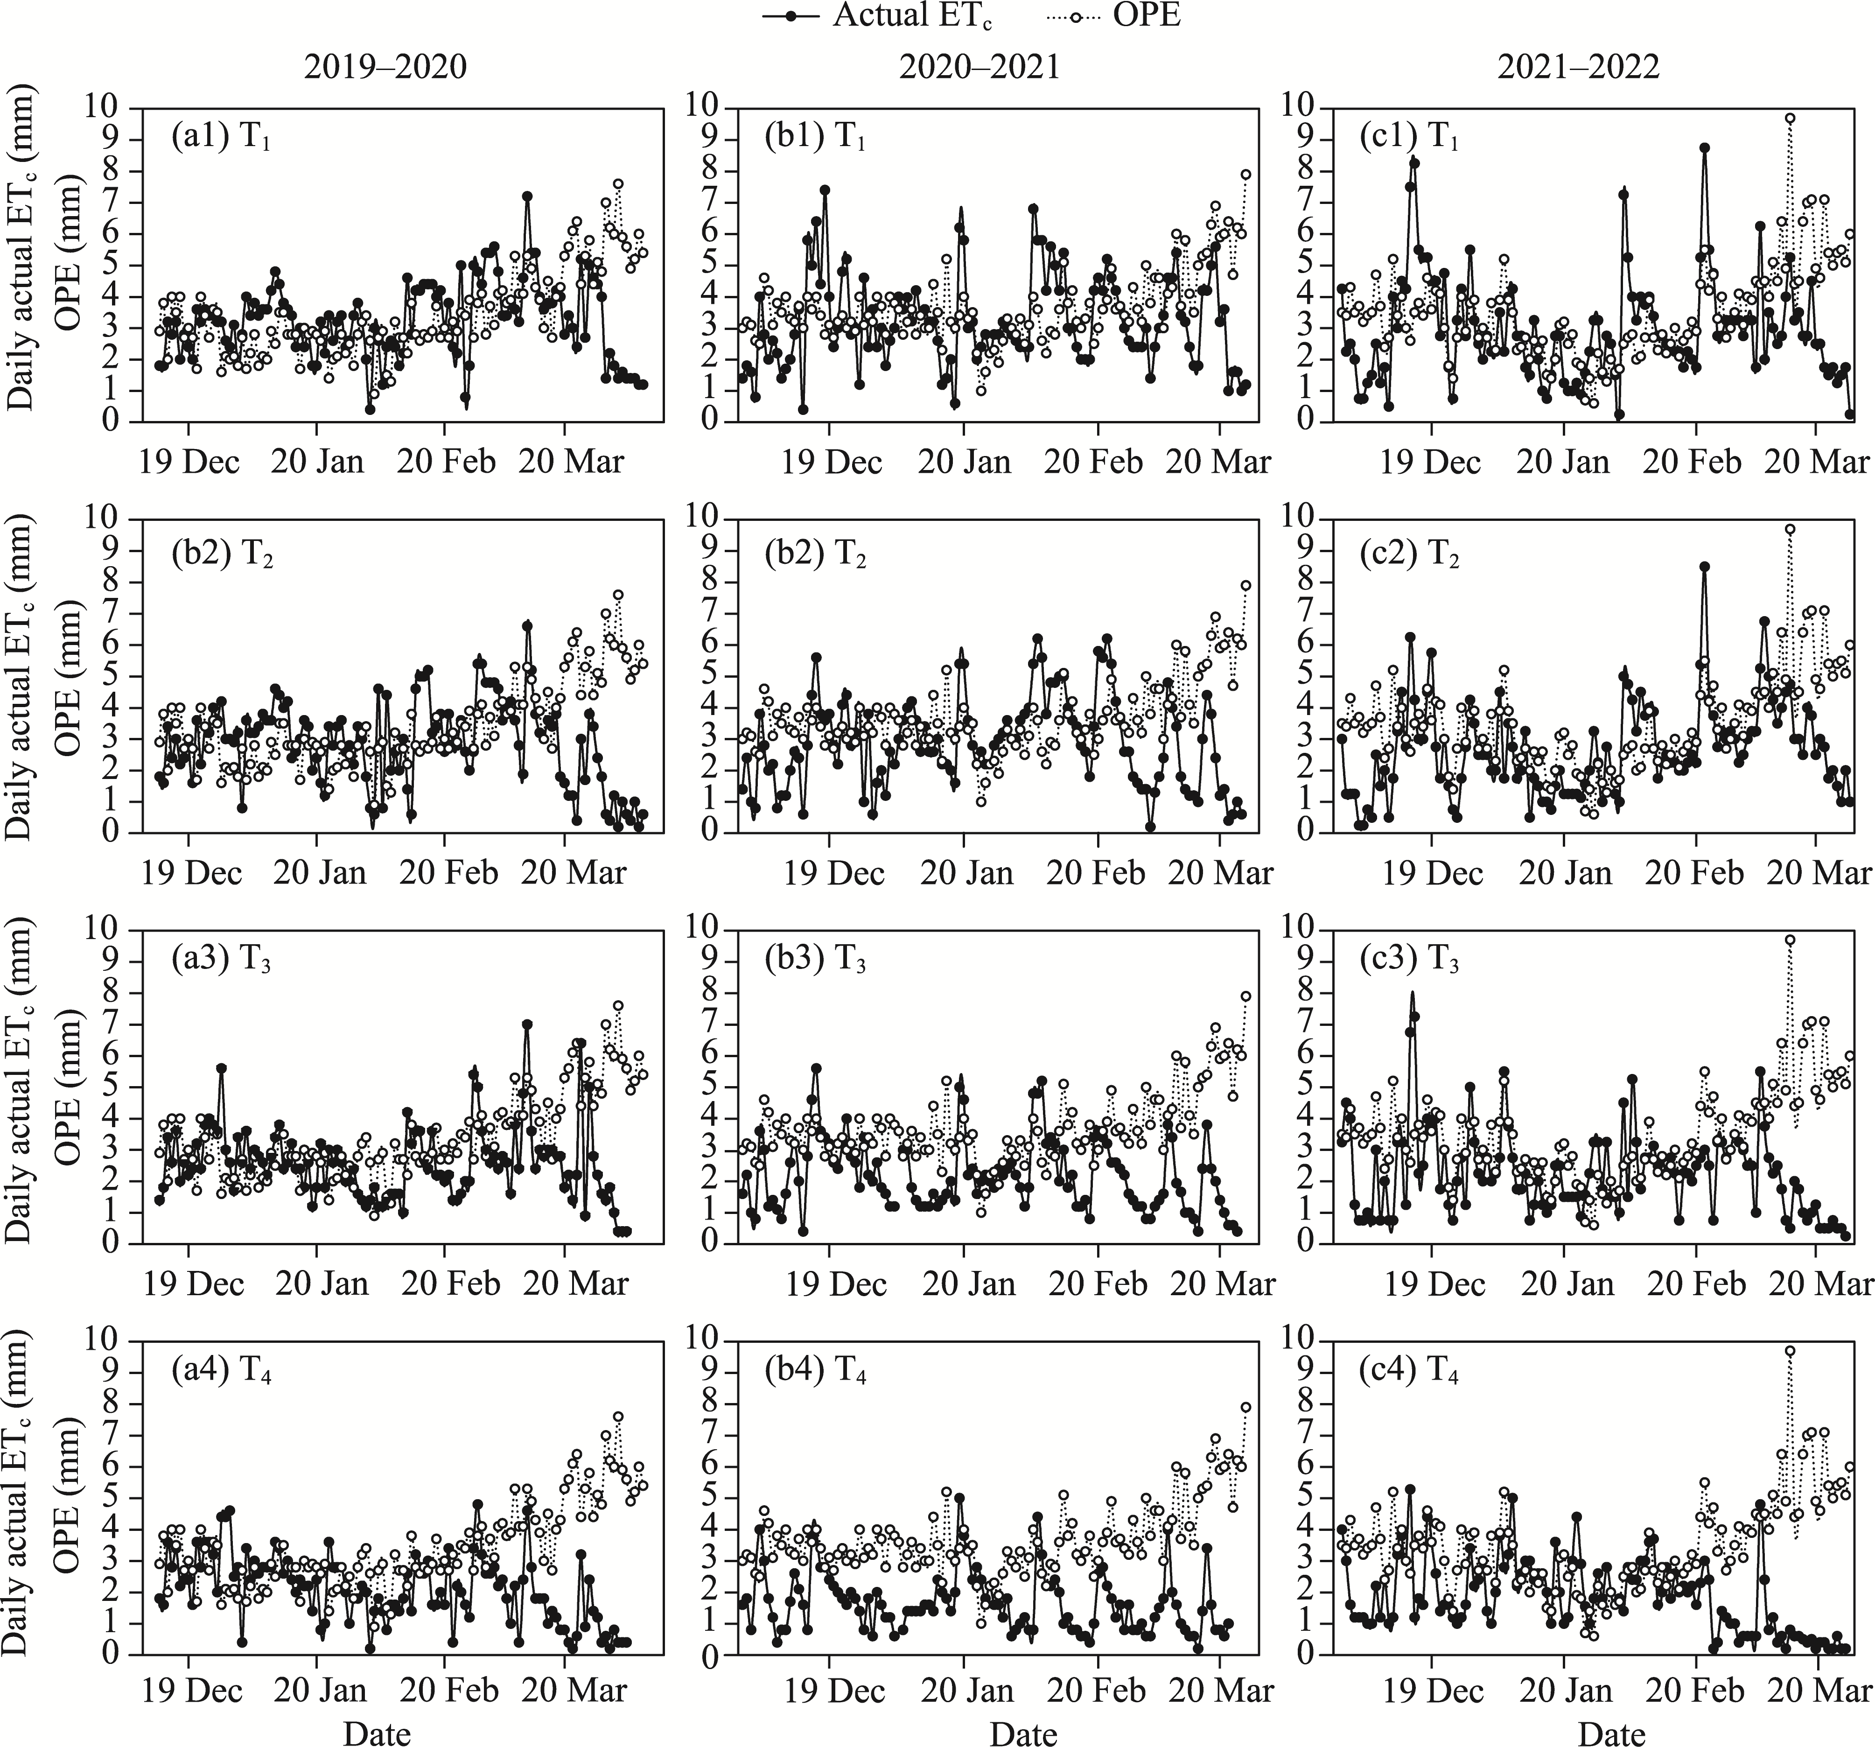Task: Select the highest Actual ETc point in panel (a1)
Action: [527, 196]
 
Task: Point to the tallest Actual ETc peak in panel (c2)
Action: [1704, 567]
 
